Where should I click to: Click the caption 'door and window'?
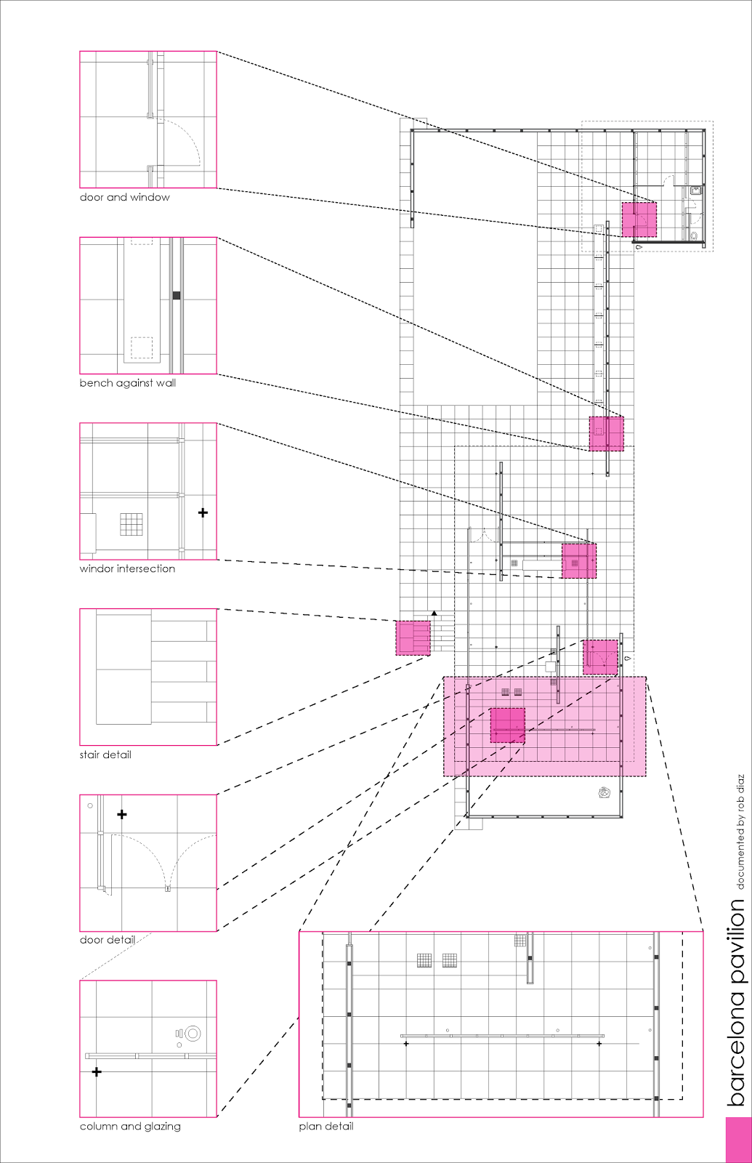pyautogui.click(x=124, y=197)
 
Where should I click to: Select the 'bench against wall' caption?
pyautogui.click(x=127, y=383)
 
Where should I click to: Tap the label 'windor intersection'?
pyautogui.click(x=127, y=568)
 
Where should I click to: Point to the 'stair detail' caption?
pyautogui.click(x=105, y=754)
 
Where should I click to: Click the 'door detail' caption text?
pyautogui.click(x=108, y=940)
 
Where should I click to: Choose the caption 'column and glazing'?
pyautogui.click(x=130, y=1126)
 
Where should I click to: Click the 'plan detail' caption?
pyautogui.click(x=326, y=1126)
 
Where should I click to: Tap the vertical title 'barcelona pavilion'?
pyautogui.click(x=737, y=1003)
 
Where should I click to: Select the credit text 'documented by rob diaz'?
pyautogui.click(x=740, y=832)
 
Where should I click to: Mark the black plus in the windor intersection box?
pyautogui.click(x=203, y=512)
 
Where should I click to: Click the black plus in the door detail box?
pyautogui.click(x=122, y=814)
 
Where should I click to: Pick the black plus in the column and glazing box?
pyautogui.click(x=96, y=1071)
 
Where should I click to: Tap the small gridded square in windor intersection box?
pyautogui.click(x=132, y=524)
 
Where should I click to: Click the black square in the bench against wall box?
pyautogui.click(x=176, y=295)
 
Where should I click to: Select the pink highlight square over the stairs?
pyautogui.click(x=413, y=637)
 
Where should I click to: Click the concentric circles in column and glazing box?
pyautogui.click(x=193, y=1033)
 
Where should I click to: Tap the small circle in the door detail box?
pyautogui.click(x=90, y=805)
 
